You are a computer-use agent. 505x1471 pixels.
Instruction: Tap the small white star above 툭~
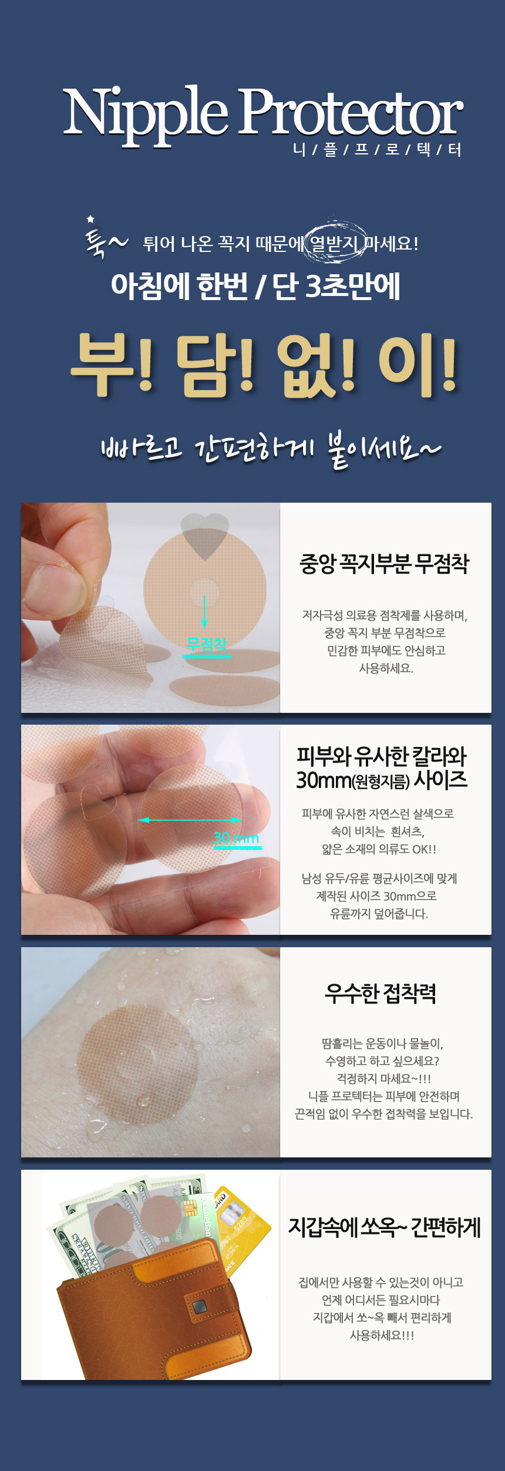(90, 219)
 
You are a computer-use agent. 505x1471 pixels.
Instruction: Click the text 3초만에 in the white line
(353, 286)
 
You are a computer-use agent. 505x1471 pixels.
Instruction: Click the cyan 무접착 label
(206, 644)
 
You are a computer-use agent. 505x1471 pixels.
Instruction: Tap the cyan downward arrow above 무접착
(204, 612)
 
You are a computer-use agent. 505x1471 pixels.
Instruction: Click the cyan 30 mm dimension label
(236, 838)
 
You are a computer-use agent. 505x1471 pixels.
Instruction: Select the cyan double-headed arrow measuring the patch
(190, 820)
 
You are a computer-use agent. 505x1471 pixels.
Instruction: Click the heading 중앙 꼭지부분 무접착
(385, 564)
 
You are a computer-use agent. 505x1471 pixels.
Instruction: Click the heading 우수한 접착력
(381, 994)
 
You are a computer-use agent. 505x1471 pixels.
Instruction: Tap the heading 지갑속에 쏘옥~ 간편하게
(385, 1227)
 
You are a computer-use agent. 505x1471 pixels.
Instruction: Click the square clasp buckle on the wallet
(200, 1307)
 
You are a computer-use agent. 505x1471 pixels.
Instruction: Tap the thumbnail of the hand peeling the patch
(150, 608)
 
